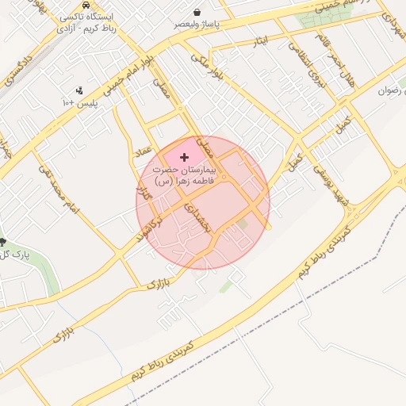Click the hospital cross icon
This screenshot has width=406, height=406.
[x=185, y=158]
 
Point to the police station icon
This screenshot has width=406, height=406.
[x=79, y=91]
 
